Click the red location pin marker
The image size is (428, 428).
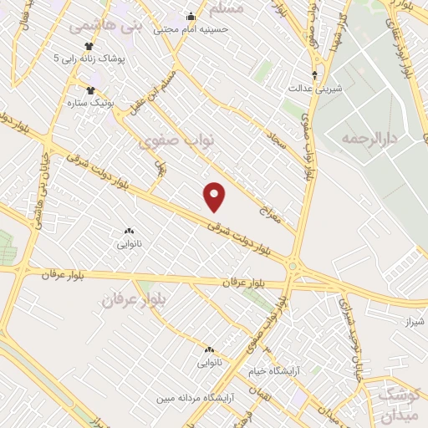[216, 196]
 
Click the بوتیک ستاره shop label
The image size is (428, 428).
[89, 102]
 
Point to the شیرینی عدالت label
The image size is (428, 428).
[312, 86]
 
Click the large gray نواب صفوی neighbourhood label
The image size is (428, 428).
[176, 140]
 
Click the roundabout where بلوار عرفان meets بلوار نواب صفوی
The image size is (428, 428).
[293, 267]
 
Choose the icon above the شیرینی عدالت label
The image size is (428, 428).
[313, 74]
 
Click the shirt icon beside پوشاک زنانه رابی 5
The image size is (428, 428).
[89, 47]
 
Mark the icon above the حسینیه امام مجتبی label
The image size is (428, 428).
[191, 15]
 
